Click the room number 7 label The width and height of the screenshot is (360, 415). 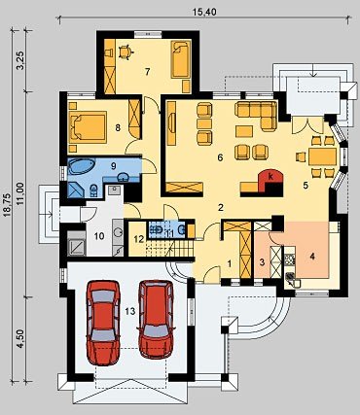pyautogui.click(x=148, y=72)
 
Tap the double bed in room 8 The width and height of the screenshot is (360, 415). pyautogui.click(x=88, y=127)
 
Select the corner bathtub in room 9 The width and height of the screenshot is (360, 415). pyautogui.click(x=82, y=167)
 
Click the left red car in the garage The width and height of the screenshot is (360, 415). pyautogui.click(x=103, y=323)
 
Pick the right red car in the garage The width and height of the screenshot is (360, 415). pyautogui.click(x=156, y=320)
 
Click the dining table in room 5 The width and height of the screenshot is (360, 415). pyautogui.click(x=323, y=156)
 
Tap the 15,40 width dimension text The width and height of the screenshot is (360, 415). pyautogui.click(x=204, y=13)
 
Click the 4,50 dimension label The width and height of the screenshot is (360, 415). pyautogui.click(x=21, y=338)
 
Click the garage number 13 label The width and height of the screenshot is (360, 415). pyautogui.click(x=130, y=311)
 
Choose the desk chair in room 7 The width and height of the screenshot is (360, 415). pyautogui.click(x=125, y=52)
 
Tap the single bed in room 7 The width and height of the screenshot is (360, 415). pyautogui.click(x=180, y=59)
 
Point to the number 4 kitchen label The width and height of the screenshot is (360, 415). pyautogui.click(x=312, y=257)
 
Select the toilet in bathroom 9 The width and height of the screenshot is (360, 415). pyautogui.click(x=93, y=190)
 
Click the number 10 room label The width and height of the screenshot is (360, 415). pyautogui.click(x=99, y=236)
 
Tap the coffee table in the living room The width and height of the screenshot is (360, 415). pyautogui.click(x=244, y=131)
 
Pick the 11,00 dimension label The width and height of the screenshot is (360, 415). pyautogui.click(x=21, y=193)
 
